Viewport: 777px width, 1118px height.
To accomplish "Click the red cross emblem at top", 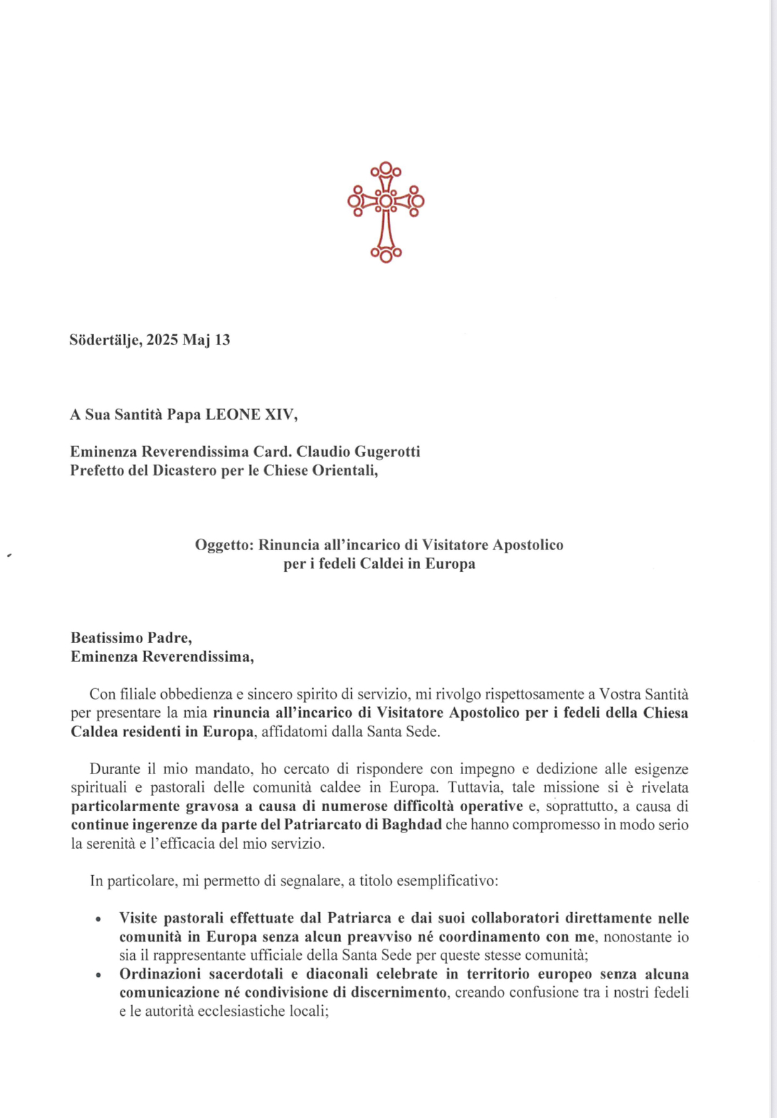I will (386, 212).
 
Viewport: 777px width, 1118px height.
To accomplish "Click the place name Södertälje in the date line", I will (105, 340).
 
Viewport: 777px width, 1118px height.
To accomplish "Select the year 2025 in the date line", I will (163, 340).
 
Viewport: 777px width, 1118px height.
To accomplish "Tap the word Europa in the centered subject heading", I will (450, 563).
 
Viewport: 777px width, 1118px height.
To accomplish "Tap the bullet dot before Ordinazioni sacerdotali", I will (98, 976).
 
